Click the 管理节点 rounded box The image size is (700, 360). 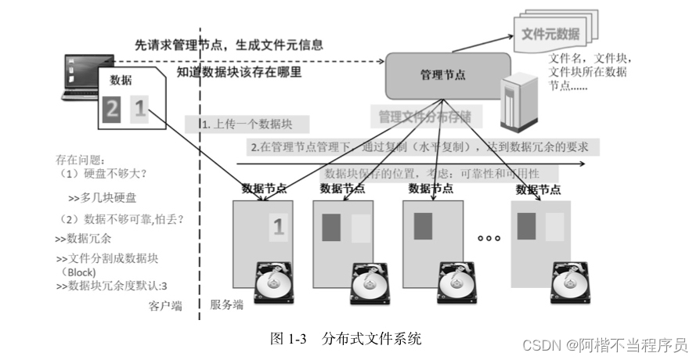click(446, 75)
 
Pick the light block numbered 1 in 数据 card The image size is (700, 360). click(138, 108)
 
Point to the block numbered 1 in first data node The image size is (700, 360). click(278, 227)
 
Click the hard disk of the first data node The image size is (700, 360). click(273, 281)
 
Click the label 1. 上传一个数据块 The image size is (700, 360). click(244, 124)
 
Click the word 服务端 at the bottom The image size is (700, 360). click(226, 304)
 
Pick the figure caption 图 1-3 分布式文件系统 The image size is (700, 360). click(345, 339)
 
